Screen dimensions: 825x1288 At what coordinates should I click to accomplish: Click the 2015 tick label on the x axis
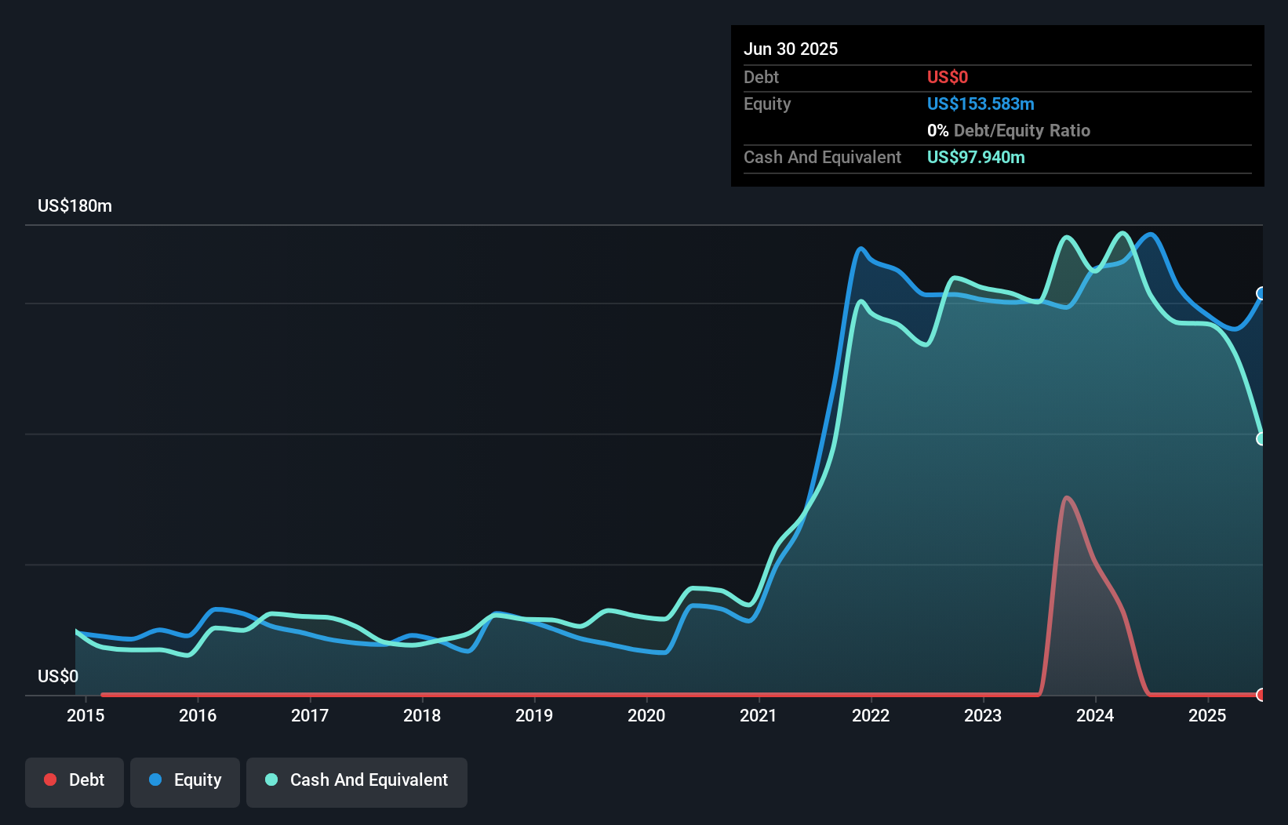(86, 715)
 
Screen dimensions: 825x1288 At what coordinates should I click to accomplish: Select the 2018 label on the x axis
(422, 715)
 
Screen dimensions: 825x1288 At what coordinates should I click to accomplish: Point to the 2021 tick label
(759, 715)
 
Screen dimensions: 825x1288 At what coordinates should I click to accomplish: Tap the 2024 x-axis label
(1095, 715)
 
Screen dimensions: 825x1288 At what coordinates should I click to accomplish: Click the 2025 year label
(1207, 715)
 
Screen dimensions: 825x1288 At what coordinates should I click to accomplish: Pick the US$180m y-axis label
(75, 206)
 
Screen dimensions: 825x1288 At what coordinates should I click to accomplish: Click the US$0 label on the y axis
(58, 676)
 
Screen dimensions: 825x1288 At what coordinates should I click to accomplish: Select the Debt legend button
(75, 780)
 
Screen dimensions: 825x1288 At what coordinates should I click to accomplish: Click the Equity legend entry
(185, 780)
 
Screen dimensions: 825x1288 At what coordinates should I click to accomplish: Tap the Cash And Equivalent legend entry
(357, 780)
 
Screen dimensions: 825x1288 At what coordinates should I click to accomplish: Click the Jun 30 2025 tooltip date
(791, 49)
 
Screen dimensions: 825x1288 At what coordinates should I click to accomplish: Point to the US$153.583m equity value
(981, 104)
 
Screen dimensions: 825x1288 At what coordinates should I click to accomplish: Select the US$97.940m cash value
(976, 157)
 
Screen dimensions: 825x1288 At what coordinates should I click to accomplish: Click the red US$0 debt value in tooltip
(948, 77)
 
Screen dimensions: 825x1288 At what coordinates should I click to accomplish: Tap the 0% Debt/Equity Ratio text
(1009, 130)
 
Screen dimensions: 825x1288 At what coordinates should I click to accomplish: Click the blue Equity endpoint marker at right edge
(1261, 293)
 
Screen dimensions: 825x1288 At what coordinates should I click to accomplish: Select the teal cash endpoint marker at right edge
(1261, 438)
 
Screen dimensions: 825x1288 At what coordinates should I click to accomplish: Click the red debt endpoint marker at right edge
(1261, 695)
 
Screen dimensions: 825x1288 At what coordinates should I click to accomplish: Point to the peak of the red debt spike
(1067, 497)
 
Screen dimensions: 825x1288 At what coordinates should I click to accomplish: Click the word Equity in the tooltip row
(767, 104)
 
